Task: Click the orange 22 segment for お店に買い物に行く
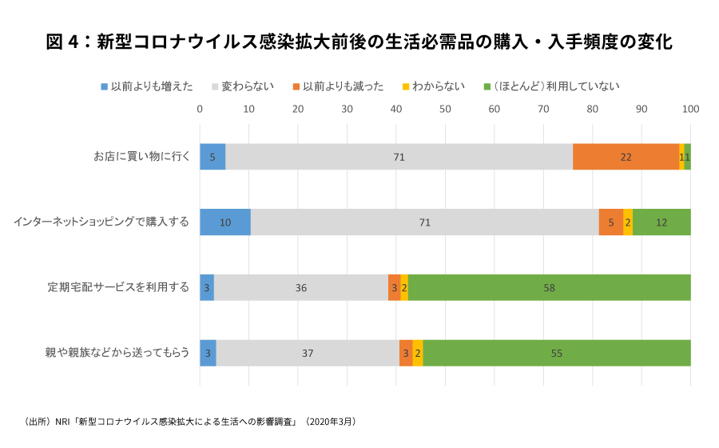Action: tap(626, 157)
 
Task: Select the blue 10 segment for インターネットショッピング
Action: tap(225, 222)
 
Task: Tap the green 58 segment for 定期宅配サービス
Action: tap(549, 287)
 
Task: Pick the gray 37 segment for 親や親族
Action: tap(308, 353)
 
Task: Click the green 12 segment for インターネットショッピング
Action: tap(661, 222)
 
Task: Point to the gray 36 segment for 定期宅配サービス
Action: tap(301, 287)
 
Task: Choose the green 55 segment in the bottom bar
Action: tap(557, 353)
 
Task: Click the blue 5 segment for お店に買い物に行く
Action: tap(213, 157)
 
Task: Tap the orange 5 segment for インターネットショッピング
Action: tap(611, 222)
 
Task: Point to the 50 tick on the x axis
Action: tap(445, 109)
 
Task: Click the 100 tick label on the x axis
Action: tap(690, 109)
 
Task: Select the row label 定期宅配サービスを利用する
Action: tap(117, 287)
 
